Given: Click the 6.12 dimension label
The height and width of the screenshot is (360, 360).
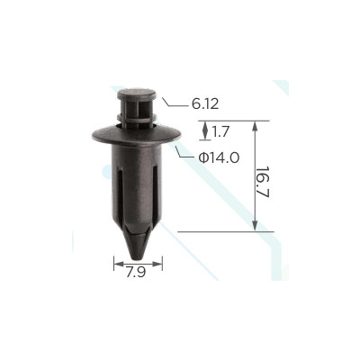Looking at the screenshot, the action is [x=205, y=104].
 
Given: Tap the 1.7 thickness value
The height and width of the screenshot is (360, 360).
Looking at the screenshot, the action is [x=220, y=131].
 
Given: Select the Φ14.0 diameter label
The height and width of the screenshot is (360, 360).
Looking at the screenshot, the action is [x=219, y=157].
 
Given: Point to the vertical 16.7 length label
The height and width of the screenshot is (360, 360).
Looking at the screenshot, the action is [x=263, y=182].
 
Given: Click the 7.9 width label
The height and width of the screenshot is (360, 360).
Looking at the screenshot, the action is [x=136, y=273].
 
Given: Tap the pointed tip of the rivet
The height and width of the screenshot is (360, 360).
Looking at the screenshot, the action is [x=137, y=258].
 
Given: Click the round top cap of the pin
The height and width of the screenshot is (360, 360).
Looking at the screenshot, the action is [x=137, y=94].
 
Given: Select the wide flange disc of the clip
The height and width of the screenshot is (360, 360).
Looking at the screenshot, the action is [x=137, y=134].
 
